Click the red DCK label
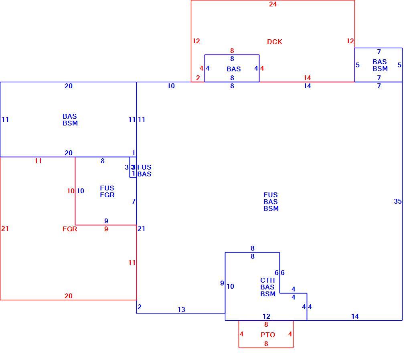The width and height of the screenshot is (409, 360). (x=274, y=42)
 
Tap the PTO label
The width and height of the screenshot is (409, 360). (x=268, y=335)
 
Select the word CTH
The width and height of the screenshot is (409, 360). (x=267, y=280)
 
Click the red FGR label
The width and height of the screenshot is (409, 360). (x=70, y=229)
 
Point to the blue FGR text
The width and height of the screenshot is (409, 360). (x=107, y=195)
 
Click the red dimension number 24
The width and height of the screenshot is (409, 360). (x=273, y=4)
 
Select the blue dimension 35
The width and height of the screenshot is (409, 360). (x=398, y=201)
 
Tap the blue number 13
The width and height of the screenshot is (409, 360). (x=181, y=309)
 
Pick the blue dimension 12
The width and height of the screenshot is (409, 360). (x=266, y=316)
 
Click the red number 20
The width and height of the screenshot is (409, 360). (x=68, y=296)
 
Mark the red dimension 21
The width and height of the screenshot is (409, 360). (x=5, y=229)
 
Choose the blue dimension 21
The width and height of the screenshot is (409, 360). (x=142, y=229)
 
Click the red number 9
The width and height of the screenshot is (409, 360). (x=106, y=229)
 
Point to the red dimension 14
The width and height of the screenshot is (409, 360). (x=307, y=78)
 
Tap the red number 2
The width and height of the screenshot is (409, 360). (x=198, y=78)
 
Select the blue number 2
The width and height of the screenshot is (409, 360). (x=140, y=307)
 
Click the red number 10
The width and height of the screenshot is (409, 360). (x=71, y=191)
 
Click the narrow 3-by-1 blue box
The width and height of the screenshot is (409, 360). (x=133, y=167)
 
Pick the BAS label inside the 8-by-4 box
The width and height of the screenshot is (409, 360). (x=234, y=69)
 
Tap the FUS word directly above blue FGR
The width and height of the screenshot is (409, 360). (x=107, y=188)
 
